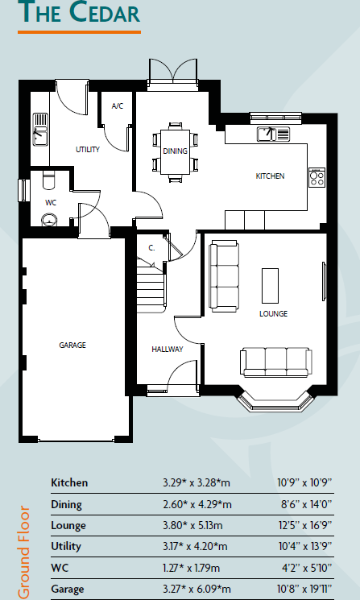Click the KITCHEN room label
(270, 176)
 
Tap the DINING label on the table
(175, 151)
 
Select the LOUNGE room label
(273, 313)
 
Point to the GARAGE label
(72, 345)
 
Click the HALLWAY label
(168, 349)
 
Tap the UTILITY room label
(87, 150)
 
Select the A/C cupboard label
(117, 106)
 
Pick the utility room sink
(40, 131)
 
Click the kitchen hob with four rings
(317, 177)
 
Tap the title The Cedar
(78, 14)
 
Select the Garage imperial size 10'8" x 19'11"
(304, 590)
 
